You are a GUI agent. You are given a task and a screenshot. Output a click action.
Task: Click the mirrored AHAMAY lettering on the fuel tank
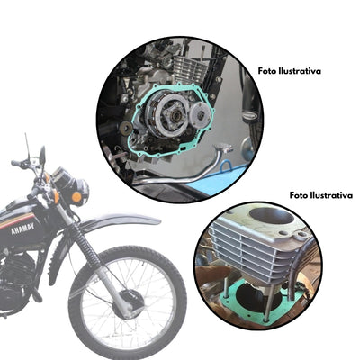point(22,229)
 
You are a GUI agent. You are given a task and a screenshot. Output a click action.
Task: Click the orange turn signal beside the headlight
point(76,197)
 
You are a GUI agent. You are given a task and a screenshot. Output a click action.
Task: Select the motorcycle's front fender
point(119,221)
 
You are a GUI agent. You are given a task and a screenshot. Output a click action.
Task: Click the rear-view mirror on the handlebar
point(42,155)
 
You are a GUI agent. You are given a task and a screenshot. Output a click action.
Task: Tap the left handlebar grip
point(16,164)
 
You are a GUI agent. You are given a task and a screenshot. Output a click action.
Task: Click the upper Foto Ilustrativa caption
point(290,71)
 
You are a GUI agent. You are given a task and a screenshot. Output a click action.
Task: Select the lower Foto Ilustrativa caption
point(321,195)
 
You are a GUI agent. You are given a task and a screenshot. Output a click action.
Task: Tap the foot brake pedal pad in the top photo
point(223,148)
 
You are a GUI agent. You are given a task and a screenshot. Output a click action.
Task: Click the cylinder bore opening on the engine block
point(272,216)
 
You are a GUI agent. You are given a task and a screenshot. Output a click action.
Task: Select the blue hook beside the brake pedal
point(226,166)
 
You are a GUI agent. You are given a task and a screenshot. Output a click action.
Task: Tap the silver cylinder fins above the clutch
point(189,67)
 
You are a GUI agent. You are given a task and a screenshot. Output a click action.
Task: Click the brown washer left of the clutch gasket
point(126,129)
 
